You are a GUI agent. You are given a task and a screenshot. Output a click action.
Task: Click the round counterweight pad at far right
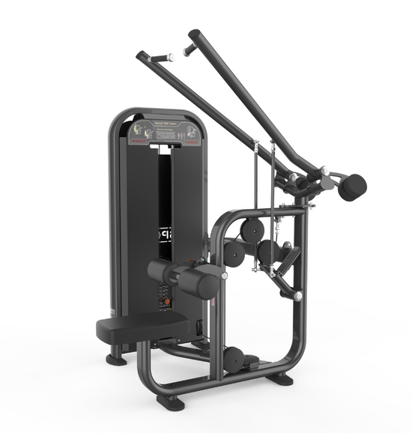pyautogui.click(x=352, y=187)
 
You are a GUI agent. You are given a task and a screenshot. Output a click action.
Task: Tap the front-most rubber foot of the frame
pyautogui.click(x=170, y=402)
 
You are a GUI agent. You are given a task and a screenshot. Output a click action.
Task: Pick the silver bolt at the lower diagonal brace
pyautogui.click(x=298, y=297)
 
